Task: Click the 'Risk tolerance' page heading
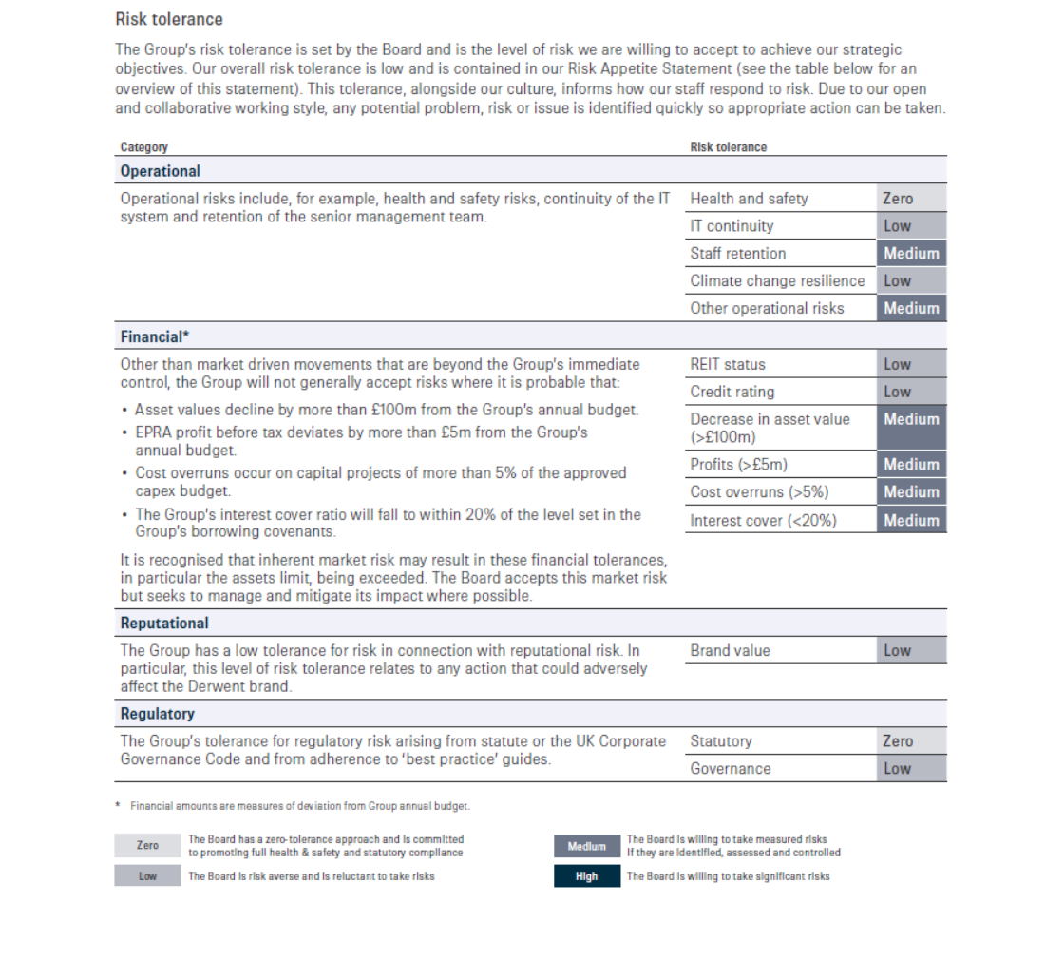tap(169, 19)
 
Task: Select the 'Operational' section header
tap(161, 171)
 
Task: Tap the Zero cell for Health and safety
tap(910, 199)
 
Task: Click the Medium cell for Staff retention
tap(910, 254)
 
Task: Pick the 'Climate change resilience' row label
tap(777, 281)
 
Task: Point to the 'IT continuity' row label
tap(731, 226)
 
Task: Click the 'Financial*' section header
tap(155, 336)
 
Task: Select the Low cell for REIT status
tap(910, 364)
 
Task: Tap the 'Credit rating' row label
tap(731, 392)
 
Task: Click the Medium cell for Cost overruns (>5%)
tap(910, 492)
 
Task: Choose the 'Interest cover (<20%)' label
tap(763, 521)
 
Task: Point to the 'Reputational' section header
tap(164, 624)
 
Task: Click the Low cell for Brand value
tap(910, 651)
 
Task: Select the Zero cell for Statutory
tap(910, 741)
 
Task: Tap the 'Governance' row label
tap(731, 769)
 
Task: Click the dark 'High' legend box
tap(586, 876)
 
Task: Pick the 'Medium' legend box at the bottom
tap(586, 847)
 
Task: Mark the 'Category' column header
tap(144, 147)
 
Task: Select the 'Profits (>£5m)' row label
tap(738, 465)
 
